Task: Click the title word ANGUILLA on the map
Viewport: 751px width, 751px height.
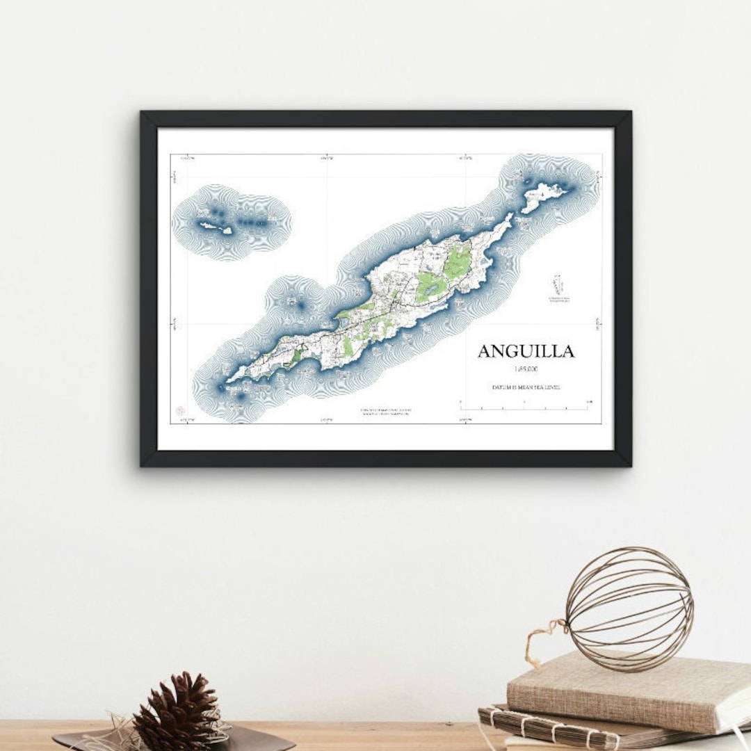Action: [x=526, y=351]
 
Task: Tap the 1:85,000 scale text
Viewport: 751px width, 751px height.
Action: [x=526, y=369]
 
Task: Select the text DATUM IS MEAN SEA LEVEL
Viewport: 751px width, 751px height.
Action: [x=526, y=387]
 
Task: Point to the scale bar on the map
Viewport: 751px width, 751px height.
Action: [x=525, y=404]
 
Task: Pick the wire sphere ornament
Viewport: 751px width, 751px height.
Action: [x=629, y=609]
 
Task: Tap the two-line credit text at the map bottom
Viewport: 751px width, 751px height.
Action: [x=385, y=412]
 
